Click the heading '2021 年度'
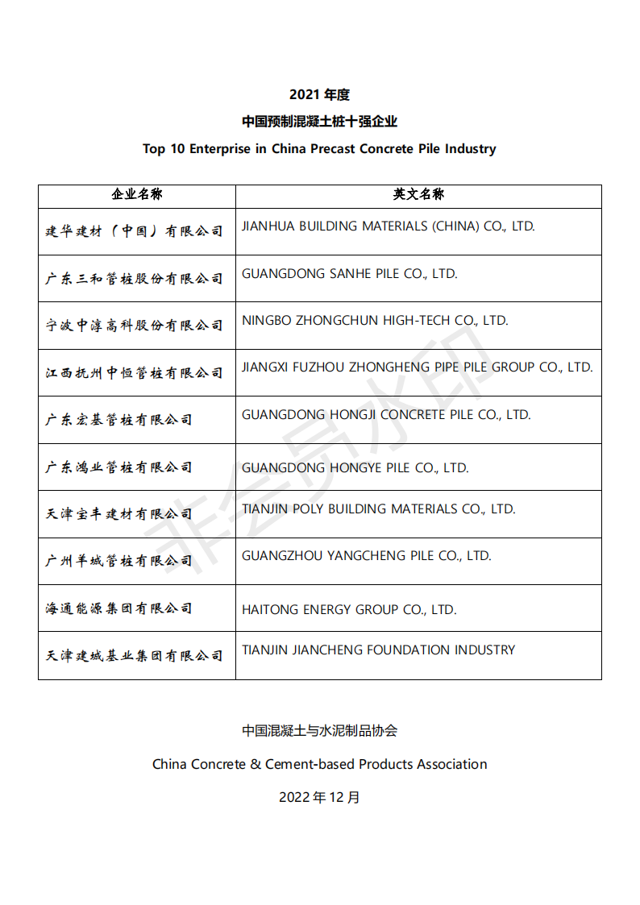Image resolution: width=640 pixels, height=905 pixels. pos(319,95)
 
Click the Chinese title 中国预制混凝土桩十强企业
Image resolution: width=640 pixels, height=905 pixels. pos(319,122)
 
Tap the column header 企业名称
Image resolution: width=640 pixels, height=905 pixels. pos(137,195)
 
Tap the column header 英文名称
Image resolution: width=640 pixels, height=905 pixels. pos(418,195)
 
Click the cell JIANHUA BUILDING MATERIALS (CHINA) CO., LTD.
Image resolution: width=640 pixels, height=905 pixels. pos(388,226)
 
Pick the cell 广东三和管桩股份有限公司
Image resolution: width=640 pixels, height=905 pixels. pos(134,279)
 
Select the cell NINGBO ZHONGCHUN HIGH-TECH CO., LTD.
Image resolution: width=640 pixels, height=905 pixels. pos(375,321)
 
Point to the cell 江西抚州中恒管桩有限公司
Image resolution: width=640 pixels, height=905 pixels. pos(134,373)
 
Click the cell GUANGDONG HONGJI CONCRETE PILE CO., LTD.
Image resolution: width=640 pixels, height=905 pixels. pos(386,415)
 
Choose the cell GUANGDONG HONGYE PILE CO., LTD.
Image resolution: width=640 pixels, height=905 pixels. pos(355,467)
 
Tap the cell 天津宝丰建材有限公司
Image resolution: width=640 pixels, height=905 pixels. pos(118,514)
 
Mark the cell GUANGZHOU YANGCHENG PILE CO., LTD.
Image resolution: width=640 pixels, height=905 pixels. pos(366,556)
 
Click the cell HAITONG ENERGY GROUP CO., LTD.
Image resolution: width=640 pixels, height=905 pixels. pos(349,610)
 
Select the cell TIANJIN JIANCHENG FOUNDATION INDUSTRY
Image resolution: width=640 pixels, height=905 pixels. pos(378,650)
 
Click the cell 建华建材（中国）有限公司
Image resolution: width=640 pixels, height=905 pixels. pos(134,232)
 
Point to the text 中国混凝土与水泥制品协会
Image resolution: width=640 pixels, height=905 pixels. pos(319,731)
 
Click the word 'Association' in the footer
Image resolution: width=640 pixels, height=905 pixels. pos(451,764)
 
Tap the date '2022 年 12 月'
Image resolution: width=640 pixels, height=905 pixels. pos(319,797)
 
